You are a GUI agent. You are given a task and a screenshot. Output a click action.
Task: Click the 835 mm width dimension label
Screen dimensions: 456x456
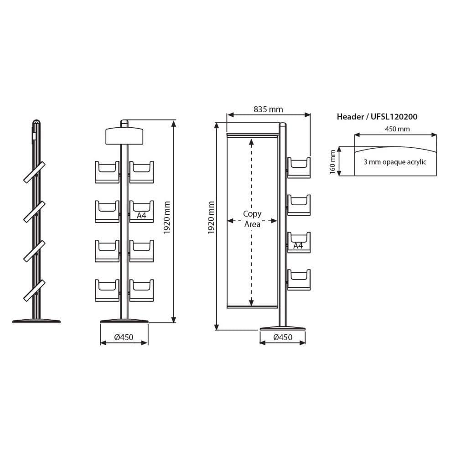tap(268, 109)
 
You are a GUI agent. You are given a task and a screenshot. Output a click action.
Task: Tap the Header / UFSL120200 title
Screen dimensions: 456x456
tap(377, 117)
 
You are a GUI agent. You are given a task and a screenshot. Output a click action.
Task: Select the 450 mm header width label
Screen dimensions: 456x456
tap(397, 129)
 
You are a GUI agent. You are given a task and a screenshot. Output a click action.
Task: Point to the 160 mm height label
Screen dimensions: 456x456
tap(332, 162)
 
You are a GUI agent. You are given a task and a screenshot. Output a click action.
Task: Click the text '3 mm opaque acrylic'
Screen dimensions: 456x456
tap(395, 162)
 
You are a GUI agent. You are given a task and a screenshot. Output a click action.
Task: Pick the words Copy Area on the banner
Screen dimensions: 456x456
tap(252, 219)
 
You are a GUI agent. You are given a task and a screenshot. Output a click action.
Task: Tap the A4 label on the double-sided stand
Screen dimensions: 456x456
tap(141, 216)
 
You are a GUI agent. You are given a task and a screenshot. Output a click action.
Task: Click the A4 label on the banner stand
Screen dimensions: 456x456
tap(298, 246)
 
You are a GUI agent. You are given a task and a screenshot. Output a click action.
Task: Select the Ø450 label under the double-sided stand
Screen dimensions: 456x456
tap(124, 337)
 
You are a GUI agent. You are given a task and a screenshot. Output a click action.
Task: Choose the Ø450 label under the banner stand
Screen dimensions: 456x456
tap(283, 337)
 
